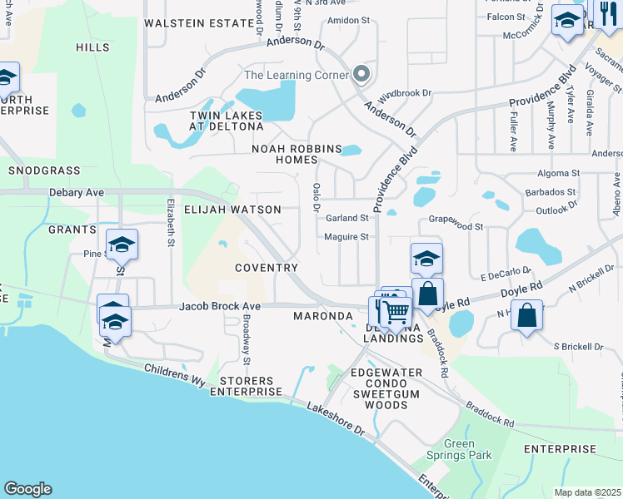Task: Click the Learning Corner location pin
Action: coord(361,75)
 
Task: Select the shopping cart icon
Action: coord(397,313)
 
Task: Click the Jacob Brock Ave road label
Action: coord(220,306)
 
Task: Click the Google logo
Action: coord(27,489)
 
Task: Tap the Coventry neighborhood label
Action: coord(267,268)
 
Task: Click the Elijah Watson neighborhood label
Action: coord(232,210)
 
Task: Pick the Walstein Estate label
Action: coord(198,23)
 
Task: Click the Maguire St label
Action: coord(346,237)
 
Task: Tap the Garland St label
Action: coord(346,218)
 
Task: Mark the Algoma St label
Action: coord(558,174)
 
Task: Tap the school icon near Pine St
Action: coord(122,245)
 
